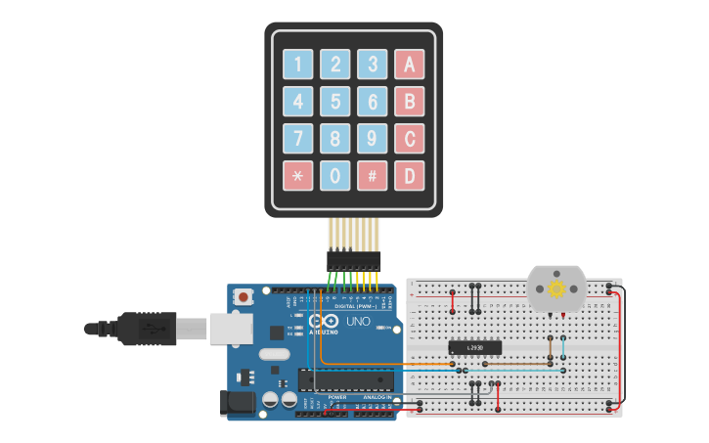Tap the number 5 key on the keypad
click(335, 102)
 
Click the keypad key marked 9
click(373, 139)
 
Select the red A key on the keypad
click(410, 65)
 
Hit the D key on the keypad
click(410, 176)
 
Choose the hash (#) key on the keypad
click(373, 176)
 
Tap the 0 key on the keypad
click(335, 176)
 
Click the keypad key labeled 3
click(373, 65)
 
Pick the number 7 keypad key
click(298, 139)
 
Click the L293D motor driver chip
click(475, 347)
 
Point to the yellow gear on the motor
click(557, 288)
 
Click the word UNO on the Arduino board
click(358, 321)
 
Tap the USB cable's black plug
click(147, 329)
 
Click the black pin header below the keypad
click(353, 260)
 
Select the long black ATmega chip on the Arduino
click(347, 380)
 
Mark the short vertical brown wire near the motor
click(550, 346)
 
